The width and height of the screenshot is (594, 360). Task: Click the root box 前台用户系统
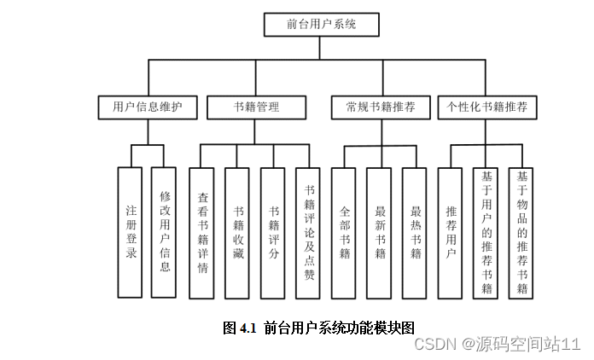point(321,25)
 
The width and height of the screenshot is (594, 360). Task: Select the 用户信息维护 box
point(148,107)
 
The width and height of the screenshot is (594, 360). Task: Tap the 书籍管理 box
point(257,107)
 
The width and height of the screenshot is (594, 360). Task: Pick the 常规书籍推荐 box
point(381,107)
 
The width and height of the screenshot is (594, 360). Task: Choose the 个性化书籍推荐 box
point(487,107)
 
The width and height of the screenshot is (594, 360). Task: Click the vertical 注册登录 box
point(131,232)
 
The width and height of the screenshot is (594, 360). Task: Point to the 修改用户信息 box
point(165,232)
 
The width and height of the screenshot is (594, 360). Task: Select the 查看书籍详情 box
point(202,232)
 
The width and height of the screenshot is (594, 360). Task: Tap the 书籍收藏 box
point(238,232)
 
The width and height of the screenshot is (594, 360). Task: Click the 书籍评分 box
point(273,232)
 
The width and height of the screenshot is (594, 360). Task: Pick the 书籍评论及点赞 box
point(309,232)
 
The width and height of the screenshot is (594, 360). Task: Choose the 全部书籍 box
point(344,232)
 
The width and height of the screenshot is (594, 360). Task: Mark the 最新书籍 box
point(379,232)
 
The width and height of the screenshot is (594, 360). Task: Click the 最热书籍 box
point(415,232)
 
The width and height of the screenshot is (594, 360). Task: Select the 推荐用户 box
point(451,232)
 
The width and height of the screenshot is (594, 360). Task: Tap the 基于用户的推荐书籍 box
point(486,232)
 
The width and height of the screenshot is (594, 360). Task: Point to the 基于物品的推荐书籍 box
point(521,232)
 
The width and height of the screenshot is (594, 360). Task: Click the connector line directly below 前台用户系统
point(321,48)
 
